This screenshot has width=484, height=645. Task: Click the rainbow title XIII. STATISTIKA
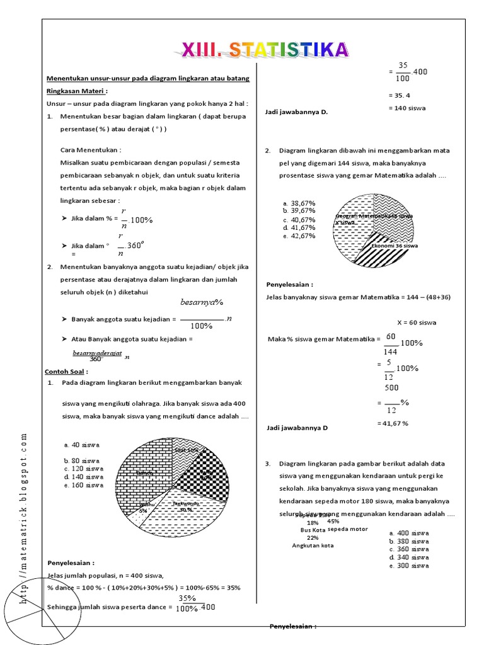tap(265, 50)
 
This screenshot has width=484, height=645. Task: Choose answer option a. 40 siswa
tap(82, 445)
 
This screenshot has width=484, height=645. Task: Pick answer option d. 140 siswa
tap(83, 477)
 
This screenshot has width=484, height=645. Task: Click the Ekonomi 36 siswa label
tap(395, 246)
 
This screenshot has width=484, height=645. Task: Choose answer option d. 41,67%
tap(299, 227)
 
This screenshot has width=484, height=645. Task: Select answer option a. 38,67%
tap(299, 203)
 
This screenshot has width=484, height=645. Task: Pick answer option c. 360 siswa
tap(409, 549)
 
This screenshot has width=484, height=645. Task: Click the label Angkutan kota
tap(313, 545)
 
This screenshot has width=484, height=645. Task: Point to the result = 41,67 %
tap(393, 423)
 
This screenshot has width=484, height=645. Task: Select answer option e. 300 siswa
tap(409, 565)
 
